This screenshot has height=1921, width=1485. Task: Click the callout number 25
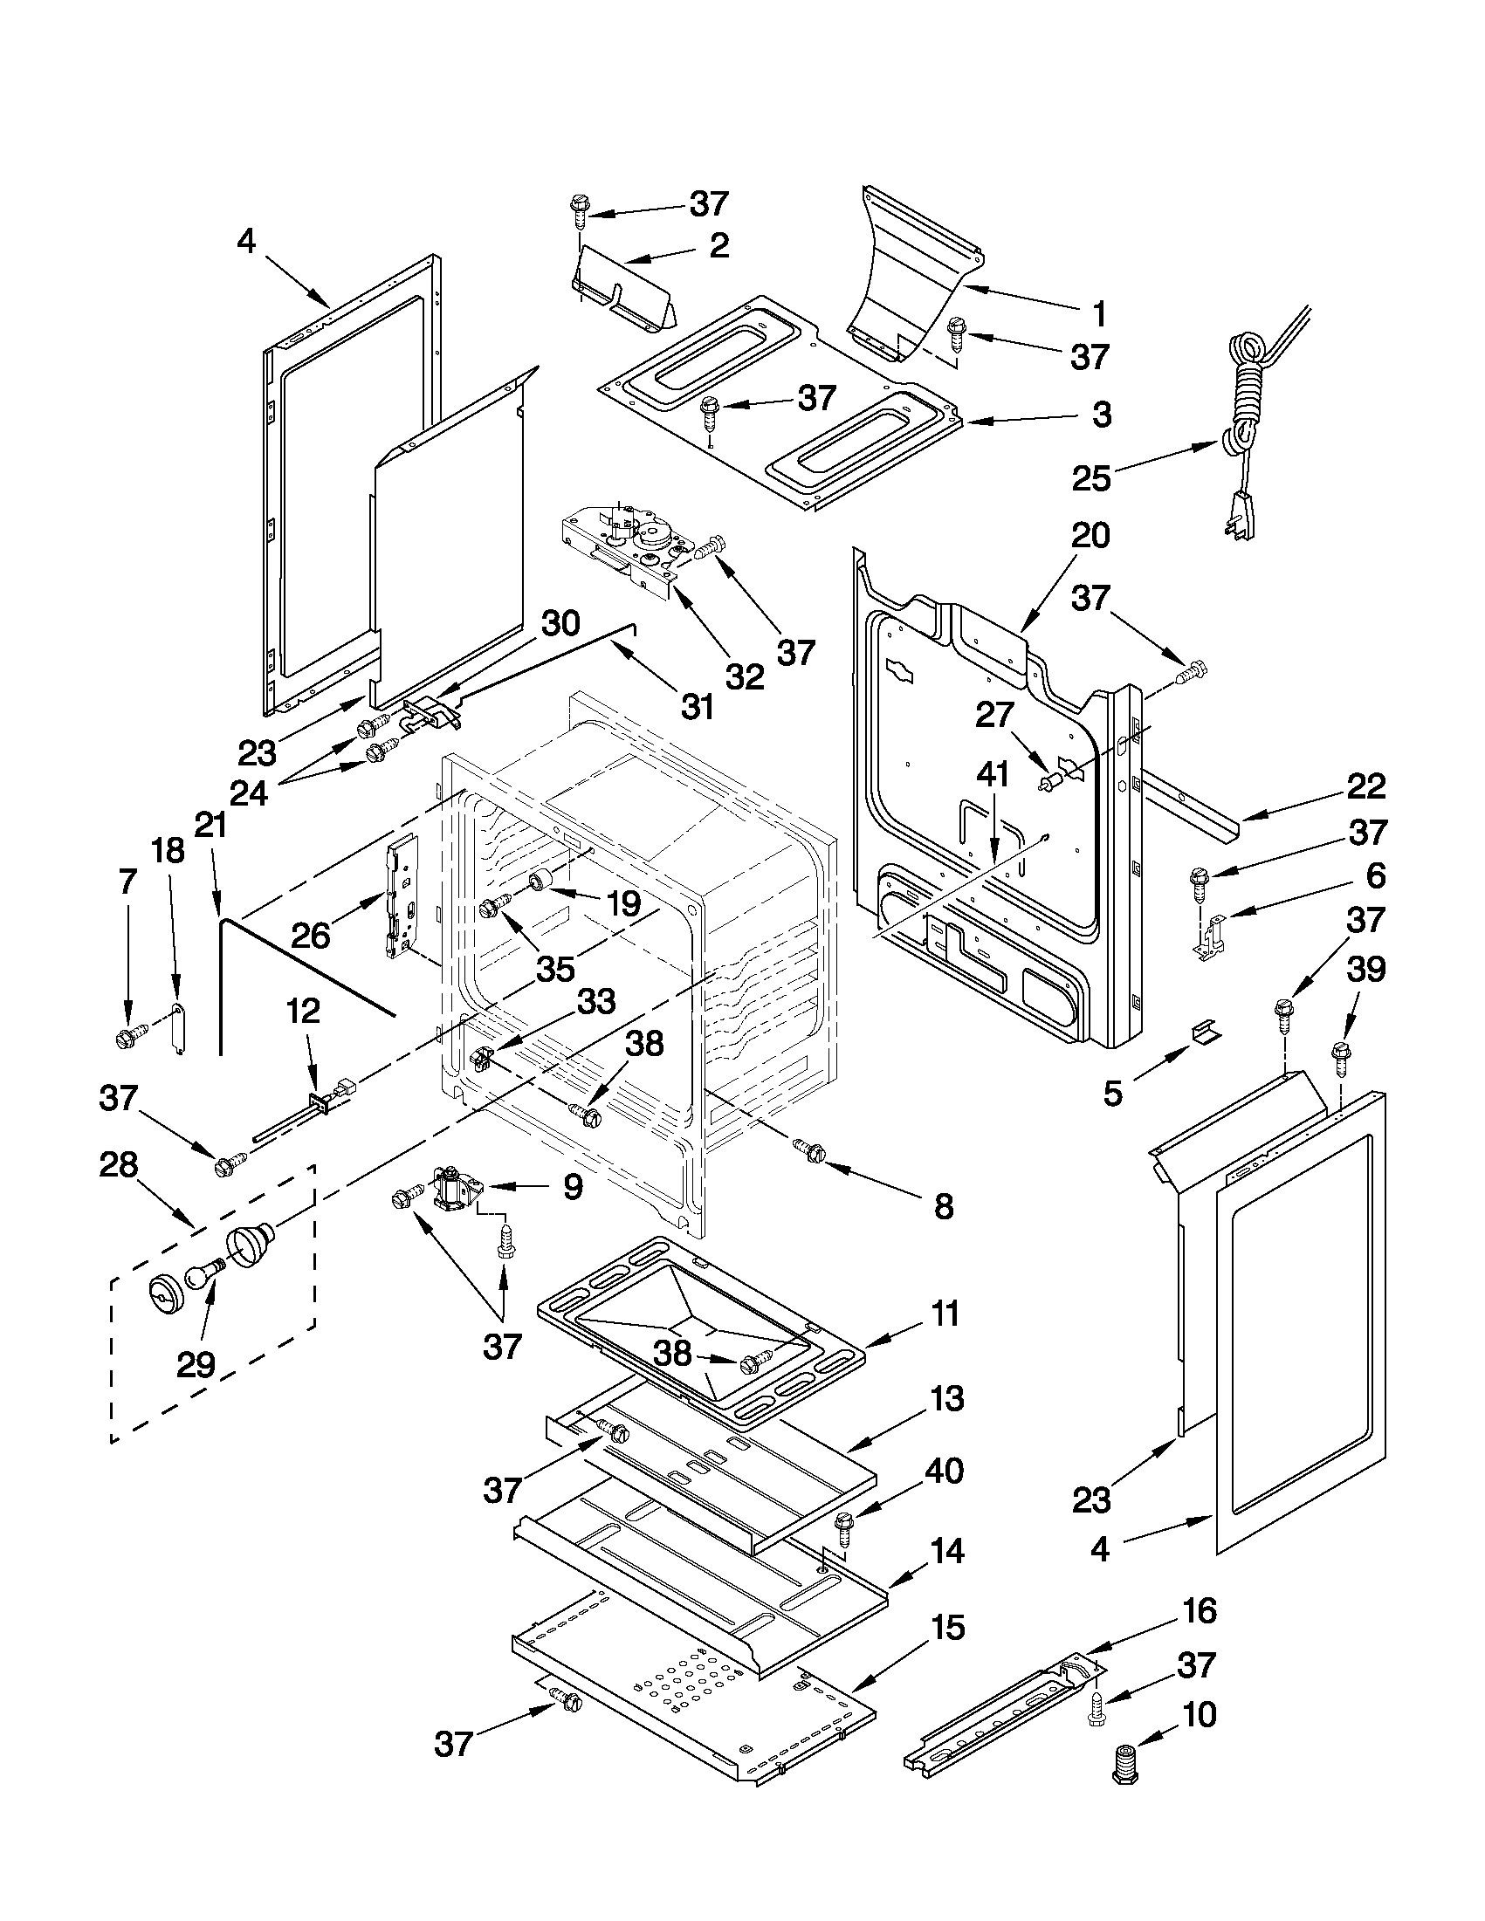[1090, 478]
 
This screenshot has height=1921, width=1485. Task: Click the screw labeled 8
[809, 1150]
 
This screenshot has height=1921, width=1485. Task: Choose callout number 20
[1090, 536]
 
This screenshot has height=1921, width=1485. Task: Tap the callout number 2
[718, 245]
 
